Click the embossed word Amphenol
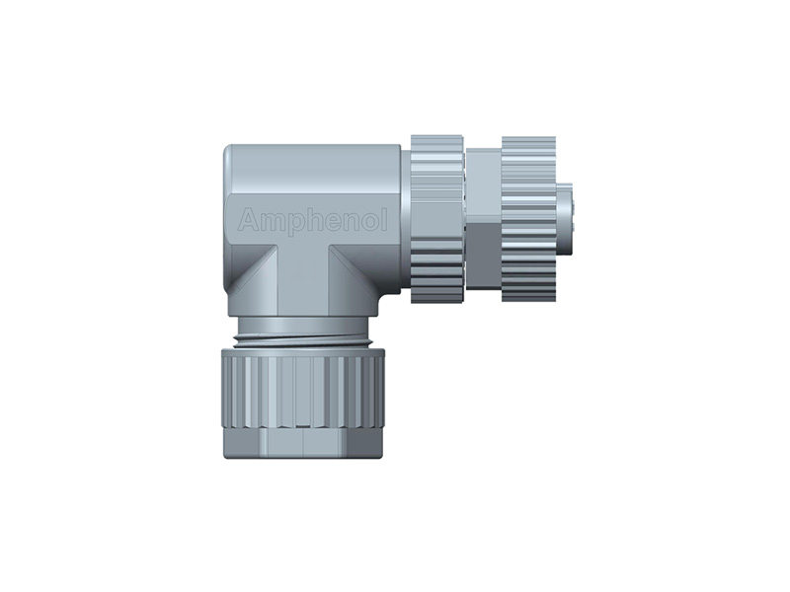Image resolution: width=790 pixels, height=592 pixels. click(x=312, y=221)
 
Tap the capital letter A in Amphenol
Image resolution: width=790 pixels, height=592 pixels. click(x=248, y=221)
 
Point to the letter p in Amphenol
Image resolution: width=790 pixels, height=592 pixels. click(x=292, y=223)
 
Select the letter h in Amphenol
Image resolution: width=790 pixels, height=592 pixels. click(x=310, y=220)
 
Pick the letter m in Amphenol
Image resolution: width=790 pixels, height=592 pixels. click(x=270, y=222)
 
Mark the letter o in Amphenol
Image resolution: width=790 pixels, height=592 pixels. click(x=366, y=222)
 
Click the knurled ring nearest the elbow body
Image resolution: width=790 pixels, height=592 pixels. click(x=435, y=218)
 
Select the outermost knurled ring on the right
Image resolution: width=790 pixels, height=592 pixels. click(x=528, y=218)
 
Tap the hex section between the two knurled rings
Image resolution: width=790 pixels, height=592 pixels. click(x=482, y=218)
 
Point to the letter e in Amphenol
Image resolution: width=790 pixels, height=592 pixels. click(x=329, y=222)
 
